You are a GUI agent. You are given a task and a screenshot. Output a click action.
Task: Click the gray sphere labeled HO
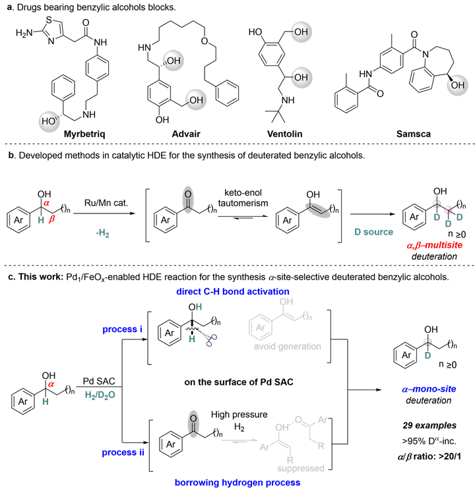[x=49, y=121]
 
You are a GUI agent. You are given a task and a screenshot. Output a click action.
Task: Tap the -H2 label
[x=102, y=233]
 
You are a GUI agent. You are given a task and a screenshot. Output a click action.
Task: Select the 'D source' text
[x=373, y=232]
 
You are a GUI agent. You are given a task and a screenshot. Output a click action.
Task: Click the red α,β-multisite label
[x=434, y=245]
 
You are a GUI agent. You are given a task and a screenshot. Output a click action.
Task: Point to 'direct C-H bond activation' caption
[x=232, y=291]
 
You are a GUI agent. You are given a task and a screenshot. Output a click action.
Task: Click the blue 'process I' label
[x=122, y=330]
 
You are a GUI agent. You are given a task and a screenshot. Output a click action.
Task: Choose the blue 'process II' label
[x=123, y=453]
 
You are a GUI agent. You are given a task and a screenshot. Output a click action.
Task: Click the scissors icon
[x=208, y=338]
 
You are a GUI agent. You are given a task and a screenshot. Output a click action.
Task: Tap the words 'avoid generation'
[x=287, y=347]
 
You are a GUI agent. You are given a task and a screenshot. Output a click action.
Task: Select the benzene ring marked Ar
[x=261, y=326]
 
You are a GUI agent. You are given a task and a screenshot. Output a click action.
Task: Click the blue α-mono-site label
[x=429, y=389]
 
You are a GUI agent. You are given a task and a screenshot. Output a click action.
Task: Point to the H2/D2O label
[x=100, y=395]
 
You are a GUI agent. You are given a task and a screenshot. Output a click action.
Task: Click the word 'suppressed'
[x=300, y=469]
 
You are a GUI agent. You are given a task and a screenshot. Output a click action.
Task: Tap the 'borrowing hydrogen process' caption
[x=237, y=482]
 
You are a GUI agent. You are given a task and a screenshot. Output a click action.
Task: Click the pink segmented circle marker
[x=449, y=210]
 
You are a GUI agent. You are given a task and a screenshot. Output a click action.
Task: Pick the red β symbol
[x=52, y=219]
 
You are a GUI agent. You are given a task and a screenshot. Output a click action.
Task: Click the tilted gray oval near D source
[x=317, y=210]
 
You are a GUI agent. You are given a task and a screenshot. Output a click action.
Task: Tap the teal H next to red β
[x=41, y=220]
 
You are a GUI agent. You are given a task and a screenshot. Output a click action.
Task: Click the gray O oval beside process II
[x=193, y=424]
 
